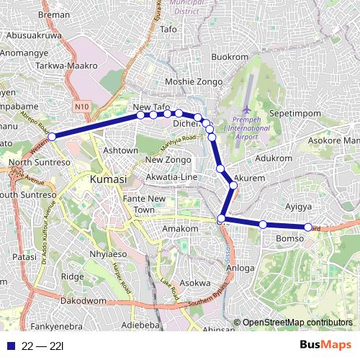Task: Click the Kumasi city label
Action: pos(108,178)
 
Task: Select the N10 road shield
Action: pos(82,107)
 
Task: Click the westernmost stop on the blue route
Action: pos(51,135)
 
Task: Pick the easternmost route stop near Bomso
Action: pos(308,228)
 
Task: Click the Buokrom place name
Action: pos(231,57)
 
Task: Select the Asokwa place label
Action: pos(194,283)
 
